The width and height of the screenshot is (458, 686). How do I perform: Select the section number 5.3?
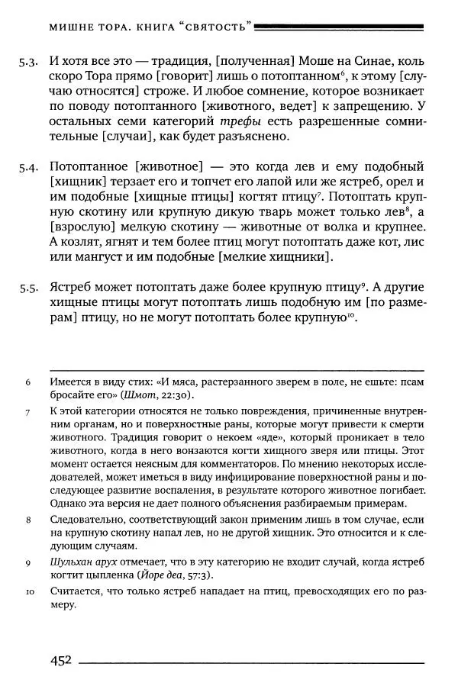pyautogui.click(x=29, y=62)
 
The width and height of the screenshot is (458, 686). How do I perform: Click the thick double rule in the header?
pyautogui.click(x=340, y=27)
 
